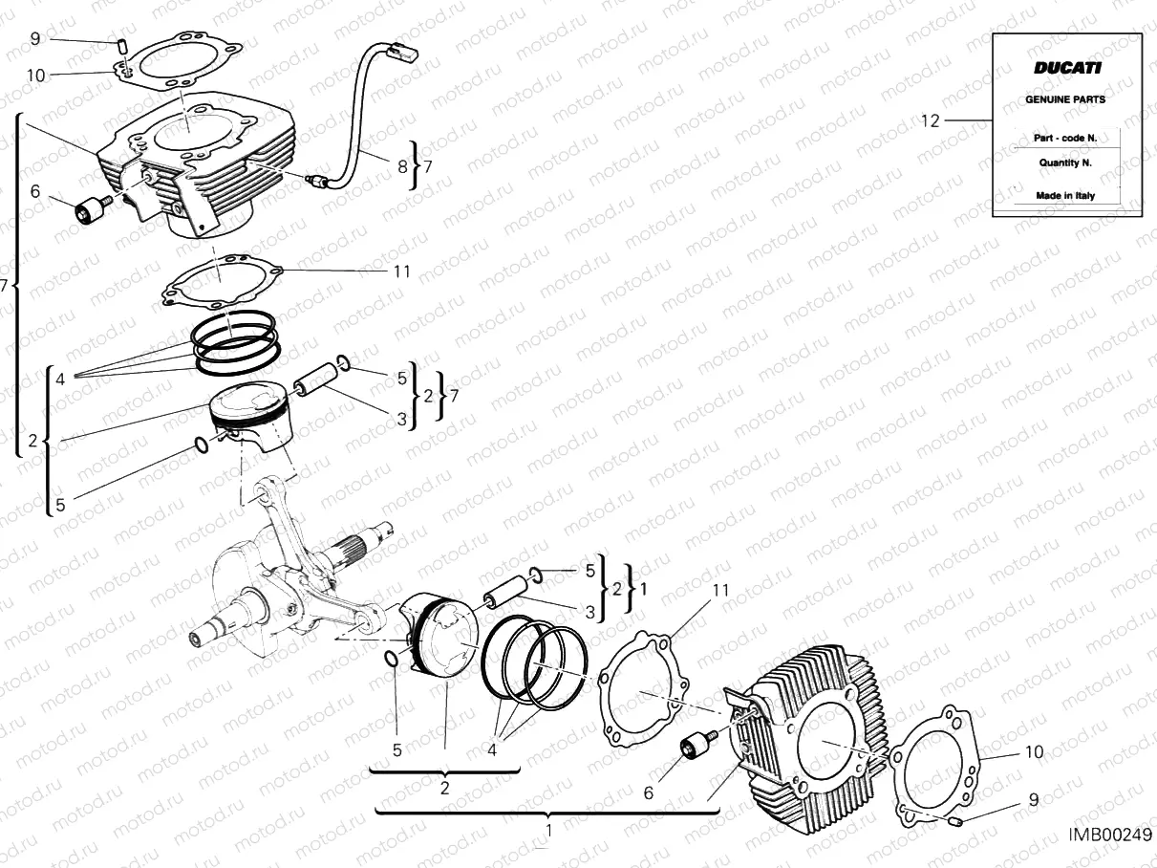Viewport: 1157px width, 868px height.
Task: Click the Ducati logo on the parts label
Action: click(x=1066, y=68)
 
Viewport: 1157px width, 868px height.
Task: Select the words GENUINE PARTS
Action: click(x=1065, y=99)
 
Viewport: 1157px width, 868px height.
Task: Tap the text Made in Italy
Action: click(x=1065, y=196)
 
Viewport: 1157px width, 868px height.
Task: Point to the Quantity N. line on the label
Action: click(x=1065, y=163)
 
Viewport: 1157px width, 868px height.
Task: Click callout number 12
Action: click(x=931, y=120)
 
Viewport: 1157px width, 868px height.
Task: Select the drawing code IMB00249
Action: click(x=1109, y=835)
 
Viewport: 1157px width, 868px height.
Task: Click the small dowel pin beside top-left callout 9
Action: click(x=122, y=43)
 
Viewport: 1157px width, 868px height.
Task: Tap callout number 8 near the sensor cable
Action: click(x=402, y=165)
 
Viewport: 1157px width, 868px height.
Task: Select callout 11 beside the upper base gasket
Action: click(x=401, y=271)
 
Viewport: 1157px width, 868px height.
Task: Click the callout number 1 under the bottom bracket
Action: click(x=548, y=831)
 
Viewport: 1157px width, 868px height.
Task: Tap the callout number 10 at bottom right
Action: click(x=1034, y=752)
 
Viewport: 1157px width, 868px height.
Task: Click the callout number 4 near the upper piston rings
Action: click(x=59, y=380)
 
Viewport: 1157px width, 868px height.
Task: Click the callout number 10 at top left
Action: click(x=35, y=75)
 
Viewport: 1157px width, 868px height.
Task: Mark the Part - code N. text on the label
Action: click(x=1065, y=138)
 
